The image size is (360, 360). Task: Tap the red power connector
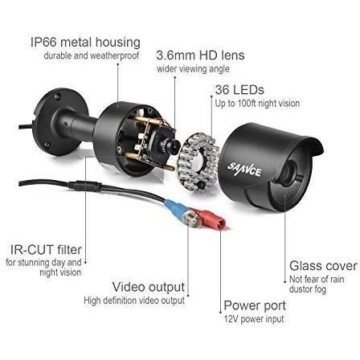pyautogui.click(x=211, y=219)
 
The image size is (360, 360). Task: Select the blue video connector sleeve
pyautogui.click(x=175, y=208)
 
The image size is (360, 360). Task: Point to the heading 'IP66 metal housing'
pyautogui.click(x=85, y=43)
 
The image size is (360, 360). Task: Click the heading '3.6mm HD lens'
pyautogui.click(x=200, y=55)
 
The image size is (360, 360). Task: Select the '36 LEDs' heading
pyautogui.click(x=239, y=89)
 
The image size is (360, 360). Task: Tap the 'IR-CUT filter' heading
pyautogui.click(x=46, y=250)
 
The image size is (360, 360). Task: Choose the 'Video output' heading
pyautogui.click(x=149, y=287)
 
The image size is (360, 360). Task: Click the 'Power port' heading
pyautogui.click(x=255, y=305)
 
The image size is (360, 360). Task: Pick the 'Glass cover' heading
pyautogui.click(x=323, y=266)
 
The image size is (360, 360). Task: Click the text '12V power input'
pyautogui.click(x=254, y=319)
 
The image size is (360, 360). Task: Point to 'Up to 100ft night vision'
pyautogui.click(x=257, y=104)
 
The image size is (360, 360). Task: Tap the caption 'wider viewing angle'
pyautogui.click(x=193, y=69)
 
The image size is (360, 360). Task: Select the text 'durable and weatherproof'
pyautogui.click(x=92, y=55)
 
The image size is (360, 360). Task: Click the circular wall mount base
pyautogui.click(x=61, y=122)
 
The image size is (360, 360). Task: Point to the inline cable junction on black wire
pyautogui.click(x=85, y=186)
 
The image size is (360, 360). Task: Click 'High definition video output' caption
pyautogui.click(x=134, y=301)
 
